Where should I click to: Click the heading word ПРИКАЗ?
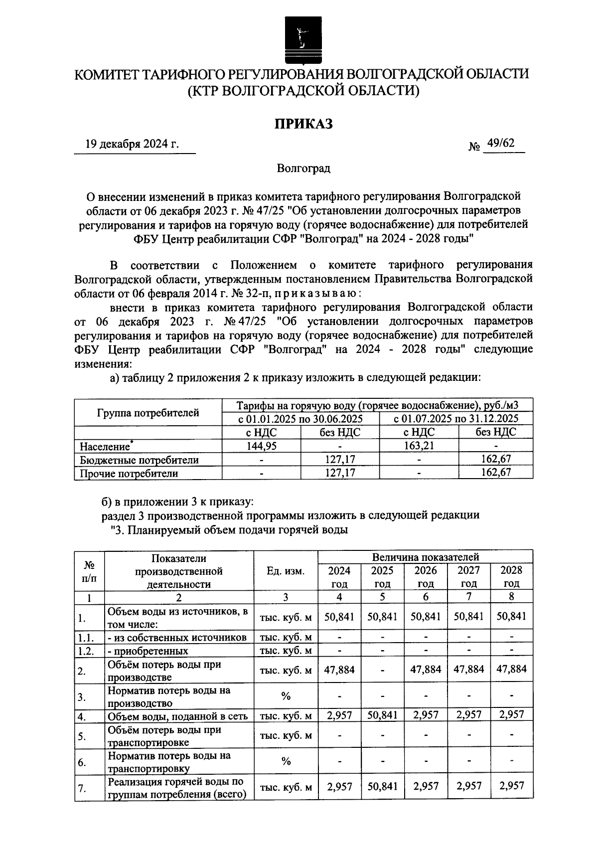tap(303, 124)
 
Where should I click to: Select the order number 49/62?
tap(501, 143)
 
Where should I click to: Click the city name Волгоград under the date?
tap(303, 169)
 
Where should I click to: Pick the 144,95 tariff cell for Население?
tap(261, 446)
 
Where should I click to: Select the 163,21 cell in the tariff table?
tap(418, 446)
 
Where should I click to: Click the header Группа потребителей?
tap(148, 413)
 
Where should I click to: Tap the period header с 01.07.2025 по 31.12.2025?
tap(455, 418)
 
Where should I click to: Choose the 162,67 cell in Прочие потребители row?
tap(495, 472)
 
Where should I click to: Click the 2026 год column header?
tap(426, 577)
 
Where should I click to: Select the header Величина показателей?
tap(425, 556)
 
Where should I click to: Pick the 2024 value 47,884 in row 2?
tap(339, 670)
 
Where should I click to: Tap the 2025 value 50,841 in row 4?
tap(382, 715)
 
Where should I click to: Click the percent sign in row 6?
tap(286, 761)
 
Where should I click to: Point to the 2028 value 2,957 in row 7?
tap(511, 786)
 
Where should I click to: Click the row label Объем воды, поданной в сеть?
tap(178, 716)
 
